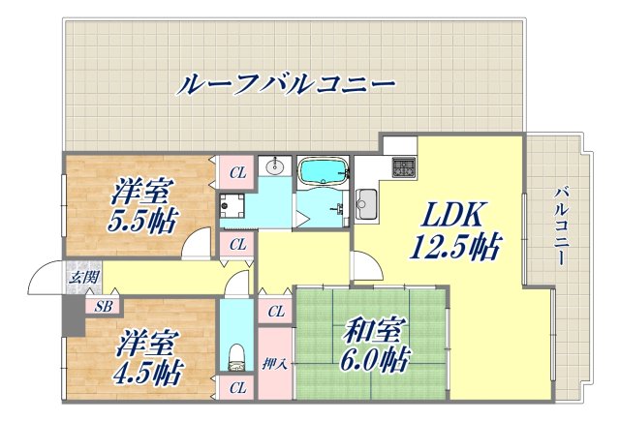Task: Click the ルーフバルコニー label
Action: pyautogui.click(x=287, y=83)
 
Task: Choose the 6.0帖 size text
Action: pyautogui.click(x=372, y=361)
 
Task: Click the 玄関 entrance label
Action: pyautogui.click(x=81, y=278)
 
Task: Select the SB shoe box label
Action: pyautogui.click(x=102, y=307)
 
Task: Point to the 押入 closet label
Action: pyautogui.click(x=274, y=364)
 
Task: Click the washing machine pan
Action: pyautogui.click(x=232, y=205)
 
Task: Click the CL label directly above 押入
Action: pyautogui.click(x=275, y=312)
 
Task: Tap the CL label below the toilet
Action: pyautogui.click(x=236, y=388)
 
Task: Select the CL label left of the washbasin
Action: pyautogui.click(x=236, y=173)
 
